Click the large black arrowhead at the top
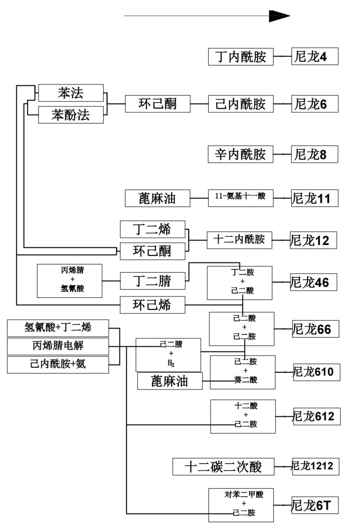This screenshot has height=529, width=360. coord(279,16)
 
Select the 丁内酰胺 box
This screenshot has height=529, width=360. coord(241,57)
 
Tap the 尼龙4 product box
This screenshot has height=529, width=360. coord(315,57)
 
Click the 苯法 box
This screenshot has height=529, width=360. coord(71,93)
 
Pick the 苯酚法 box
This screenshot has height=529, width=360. coord(71,114)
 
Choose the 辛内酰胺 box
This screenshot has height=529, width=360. coord(241,154)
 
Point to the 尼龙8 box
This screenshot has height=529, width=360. coord(315,154)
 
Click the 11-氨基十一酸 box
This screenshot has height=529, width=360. coord(241,198)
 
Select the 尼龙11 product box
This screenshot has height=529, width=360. coord(315,198)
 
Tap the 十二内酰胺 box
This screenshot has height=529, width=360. coord(239,240)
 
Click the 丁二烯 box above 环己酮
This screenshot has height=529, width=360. coord(153,229)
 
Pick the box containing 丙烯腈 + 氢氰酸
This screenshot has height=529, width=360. coord(69,281)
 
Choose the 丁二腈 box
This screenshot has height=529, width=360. coord(153,281)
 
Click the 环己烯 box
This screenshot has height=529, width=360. coord(153,305)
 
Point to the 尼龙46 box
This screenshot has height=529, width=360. coord(314,282)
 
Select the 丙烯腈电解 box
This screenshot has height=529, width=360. coord(58,346)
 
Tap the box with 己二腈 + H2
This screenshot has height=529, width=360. coord(168,355)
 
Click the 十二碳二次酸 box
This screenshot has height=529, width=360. coord(223,467)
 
